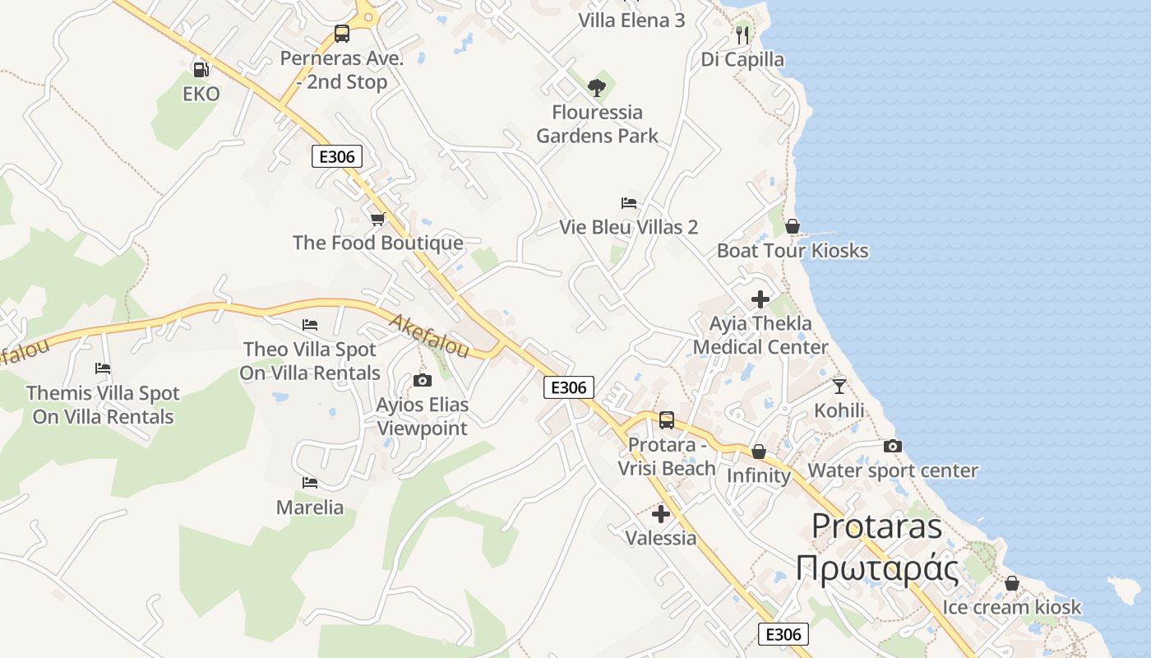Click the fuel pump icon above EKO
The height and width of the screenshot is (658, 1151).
[201, 69]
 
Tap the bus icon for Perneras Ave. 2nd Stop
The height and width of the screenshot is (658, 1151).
[342, 34]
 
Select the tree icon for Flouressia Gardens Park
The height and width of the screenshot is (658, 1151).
[597, 87]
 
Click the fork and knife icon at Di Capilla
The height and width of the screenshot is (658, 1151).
[742, 35]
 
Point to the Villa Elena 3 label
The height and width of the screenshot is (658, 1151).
[631, 20]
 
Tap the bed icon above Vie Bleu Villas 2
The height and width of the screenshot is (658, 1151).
[629, 202]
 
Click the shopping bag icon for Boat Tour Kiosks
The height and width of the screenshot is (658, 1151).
[793, 225]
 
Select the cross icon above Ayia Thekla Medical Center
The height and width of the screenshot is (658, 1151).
[760, 299]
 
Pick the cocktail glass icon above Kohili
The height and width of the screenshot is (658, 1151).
[839, 386]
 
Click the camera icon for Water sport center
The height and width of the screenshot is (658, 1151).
[893, 446]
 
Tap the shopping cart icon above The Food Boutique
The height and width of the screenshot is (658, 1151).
[377, 219]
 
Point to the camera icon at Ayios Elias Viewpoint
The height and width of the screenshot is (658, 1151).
[423, 380]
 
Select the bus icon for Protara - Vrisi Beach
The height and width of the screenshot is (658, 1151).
[667, 420]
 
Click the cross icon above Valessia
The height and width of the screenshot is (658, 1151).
[660, 514]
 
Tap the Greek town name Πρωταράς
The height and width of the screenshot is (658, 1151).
[877, 568]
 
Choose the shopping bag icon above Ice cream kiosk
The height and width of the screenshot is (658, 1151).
[1012, 583]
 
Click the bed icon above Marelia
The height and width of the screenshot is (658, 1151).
[310, 482]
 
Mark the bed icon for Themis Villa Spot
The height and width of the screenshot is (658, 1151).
[103, 368]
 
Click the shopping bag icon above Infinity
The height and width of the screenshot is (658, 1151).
[759, 452]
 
